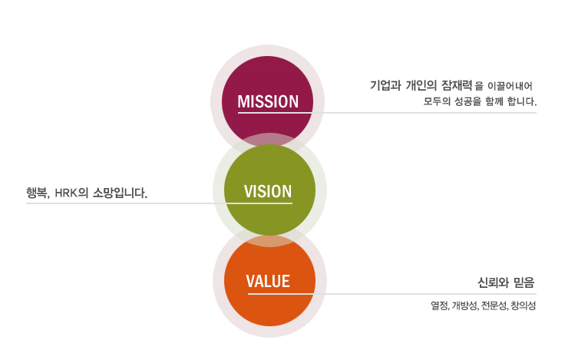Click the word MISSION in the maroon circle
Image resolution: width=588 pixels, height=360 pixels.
[x=268, y=101]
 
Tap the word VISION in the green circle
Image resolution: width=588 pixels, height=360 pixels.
[x=268, y=191]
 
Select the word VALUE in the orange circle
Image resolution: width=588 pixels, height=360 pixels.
[x=268, y=281]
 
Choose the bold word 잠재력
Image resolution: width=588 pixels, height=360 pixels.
[x=457, y=85]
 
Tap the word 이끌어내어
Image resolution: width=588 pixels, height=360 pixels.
[x=510, y=86]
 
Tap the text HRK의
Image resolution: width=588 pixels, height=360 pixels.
[x=71, y=193]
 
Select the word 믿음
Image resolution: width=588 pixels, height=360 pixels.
[x=524, y=282]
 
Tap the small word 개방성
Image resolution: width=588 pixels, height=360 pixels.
[x=465, y=306]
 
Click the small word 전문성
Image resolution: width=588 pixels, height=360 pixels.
[x=494, y=306]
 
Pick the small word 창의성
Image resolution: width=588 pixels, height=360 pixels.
[x=523, y=306]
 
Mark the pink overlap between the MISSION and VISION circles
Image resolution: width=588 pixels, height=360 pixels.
[x=269, y=141]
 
